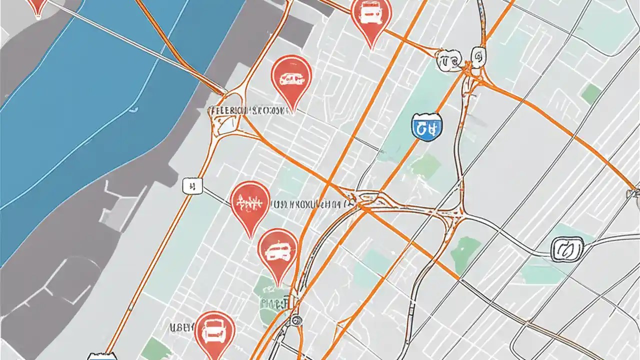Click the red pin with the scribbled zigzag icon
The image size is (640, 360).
tap(250, 203)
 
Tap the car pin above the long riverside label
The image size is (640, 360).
tap(291, 78)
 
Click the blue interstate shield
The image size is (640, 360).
tap(427, 126)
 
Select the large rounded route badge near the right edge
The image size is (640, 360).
tap(567, 248)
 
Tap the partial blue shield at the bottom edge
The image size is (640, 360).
tap(105, 356)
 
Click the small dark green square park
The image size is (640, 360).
tap(591, 93)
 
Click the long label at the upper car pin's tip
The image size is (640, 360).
tap(250, 109)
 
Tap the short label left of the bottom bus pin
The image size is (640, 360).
tap(181, 328)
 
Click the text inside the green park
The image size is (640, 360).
tap(274, 302)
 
